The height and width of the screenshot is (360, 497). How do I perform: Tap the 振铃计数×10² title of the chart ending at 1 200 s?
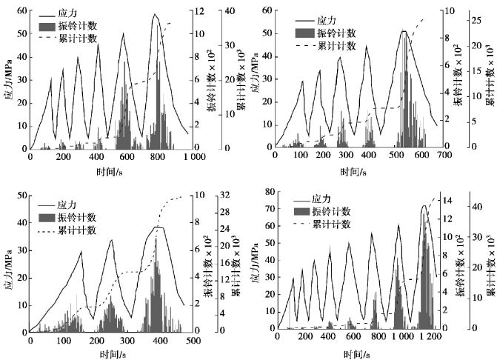460,263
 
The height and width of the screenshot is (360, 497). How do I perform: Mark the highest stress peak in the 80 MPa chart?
424,206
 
